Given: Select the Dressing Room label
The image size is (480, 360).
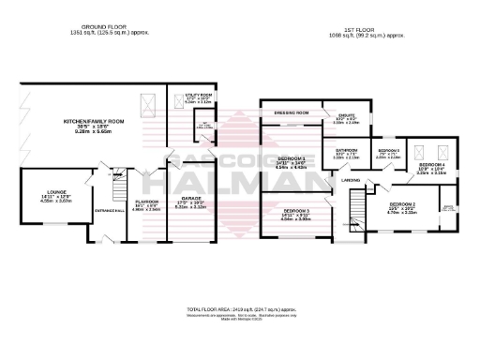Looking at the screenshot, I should (x=292, y=112).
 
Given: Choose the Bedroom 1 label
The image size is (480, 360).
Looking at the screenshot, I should (x=292, y=160).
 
